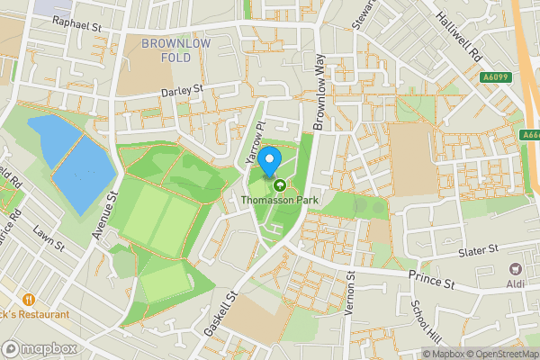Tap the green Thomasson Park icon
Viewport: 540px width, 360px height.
tap(280, 186)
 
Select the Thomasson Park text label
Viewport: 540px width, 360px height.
tap(280, 200)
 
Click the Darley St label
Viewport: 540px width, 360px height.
tap(183, 91)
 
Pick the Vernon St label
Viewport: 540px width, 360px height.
tap(352, 294)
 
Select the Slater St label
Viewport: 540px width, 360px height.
tap(478, 250)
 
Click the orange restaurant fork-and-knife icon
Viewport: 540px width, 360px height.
tap(30, 299)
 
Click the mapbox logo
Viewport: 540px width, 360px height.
tap(40, 348)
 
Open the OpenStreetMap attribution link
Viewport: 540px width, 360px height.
tap(499, 354)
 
